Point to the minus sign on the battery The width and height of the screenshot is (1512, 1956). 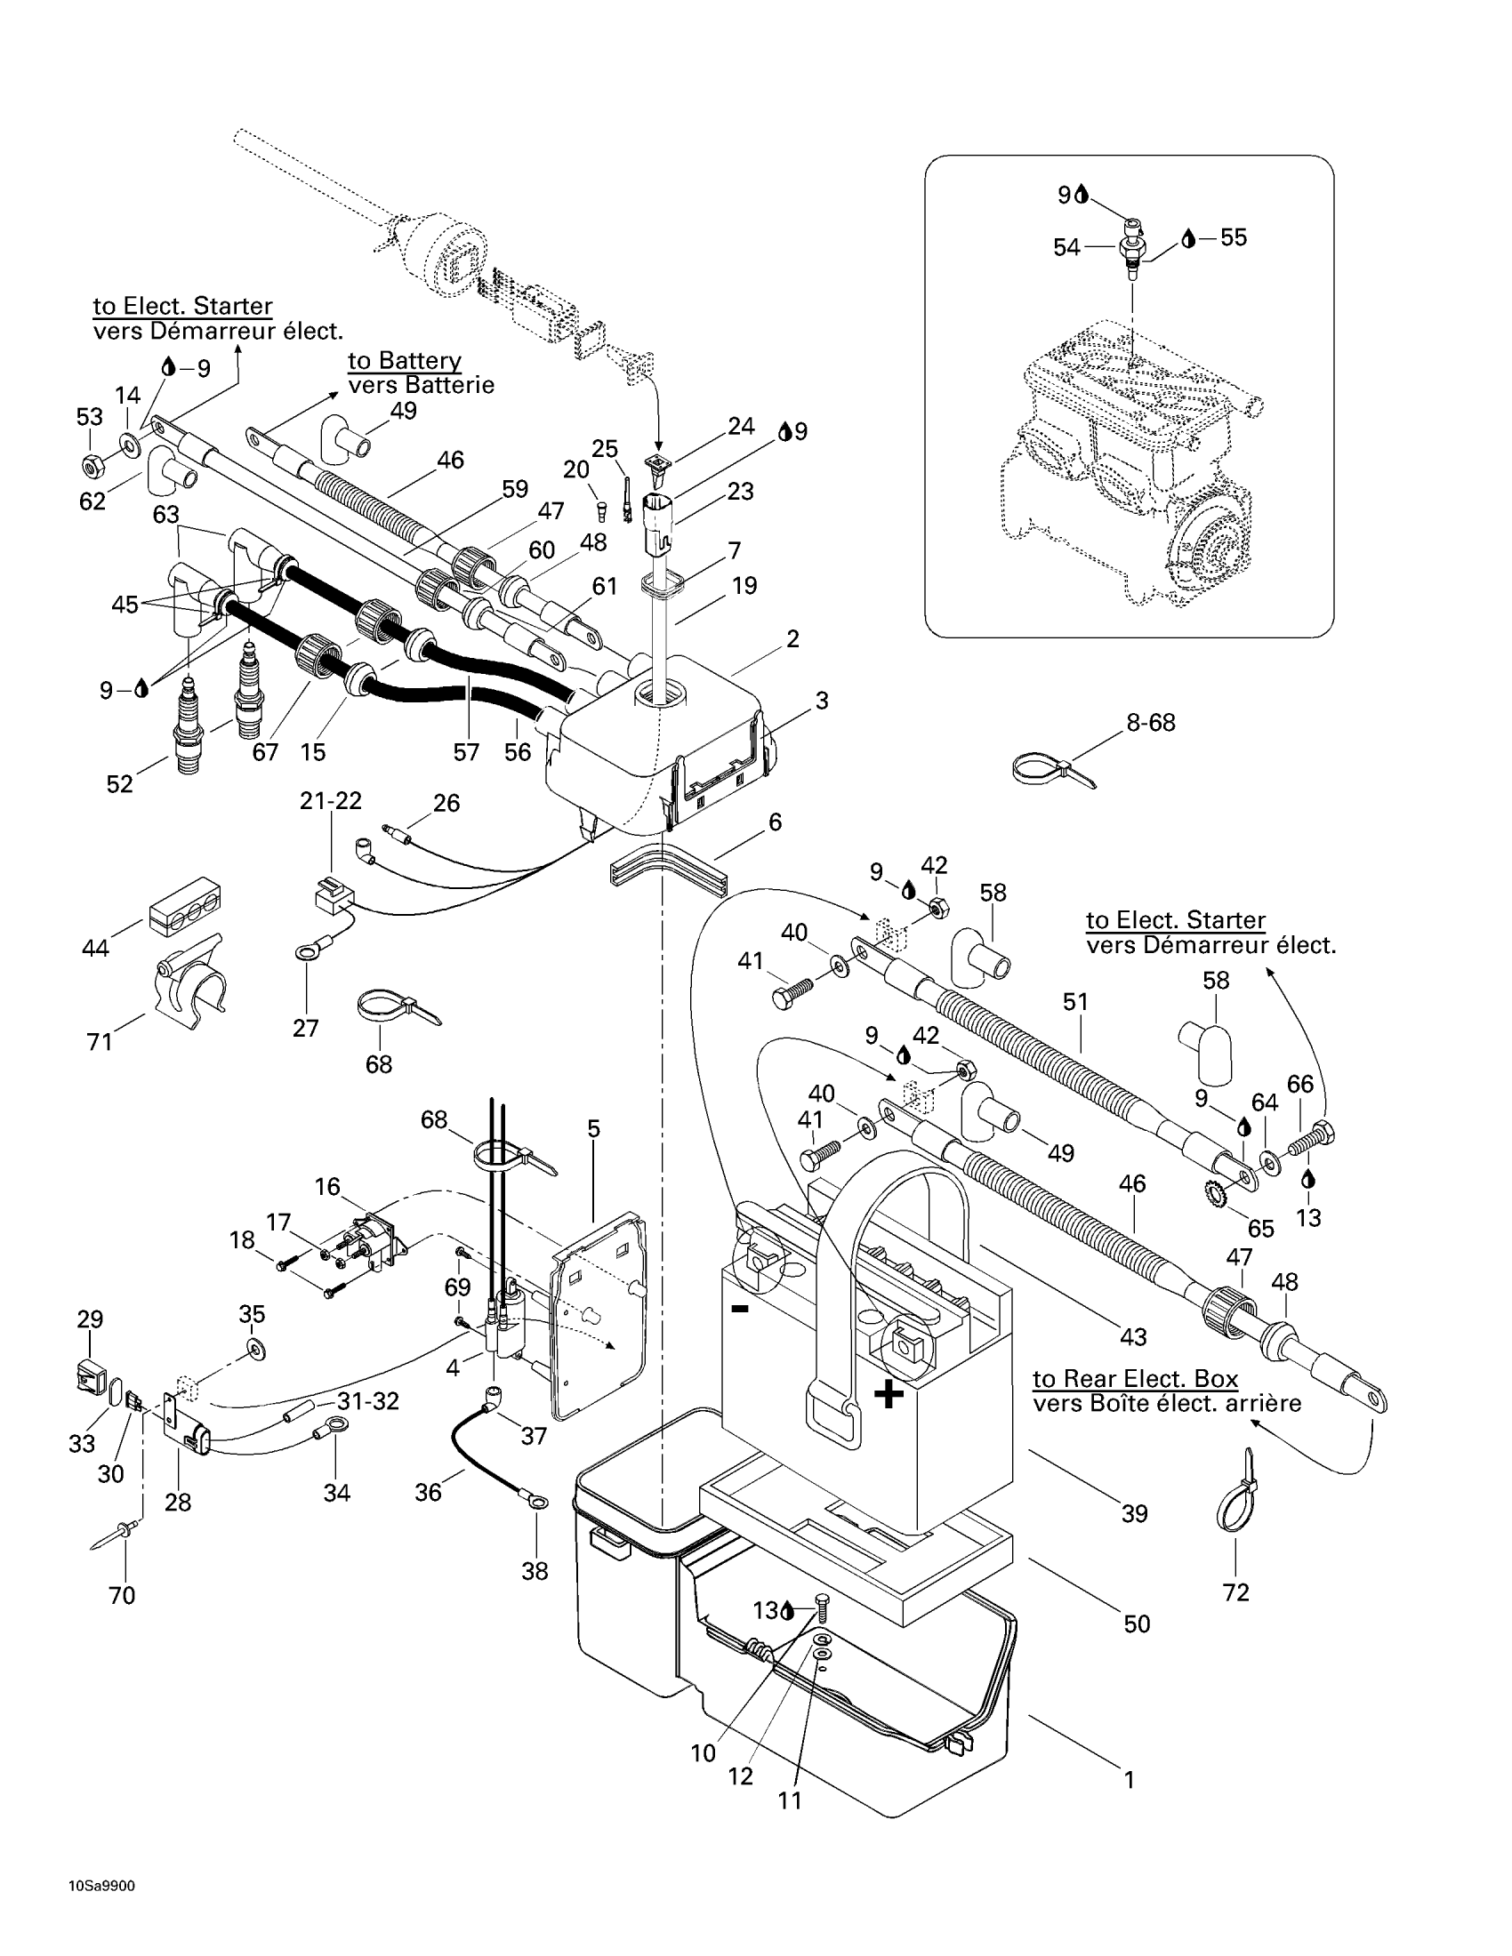tap(740, 1309)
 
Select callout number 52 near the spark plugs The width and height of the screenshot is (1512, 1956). tap(119, 783)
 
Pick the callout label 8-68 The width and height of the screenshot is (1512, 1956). tap(1150, 722)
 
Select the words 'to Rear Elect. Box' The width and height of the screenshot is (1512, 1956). tap(1135, 1378)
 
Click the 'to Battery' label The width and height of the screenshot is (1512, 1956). tap(404, 360)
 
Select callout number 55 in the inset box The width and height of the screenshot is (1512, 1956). tap(1234, 237)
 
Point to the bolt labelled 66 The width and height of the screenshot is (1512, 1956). tap(1311, 1139)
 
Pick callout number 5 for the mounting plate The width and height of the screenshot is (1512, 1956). tap(593, 1129)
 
